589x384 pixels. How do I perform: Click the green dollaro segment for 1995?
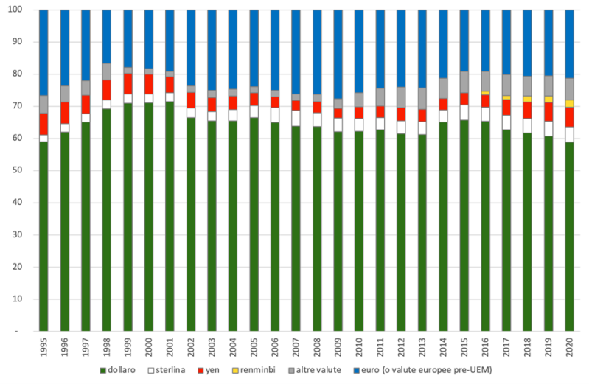pos(43,236)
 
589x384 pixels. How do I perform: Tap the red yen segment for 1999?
pos(128,83)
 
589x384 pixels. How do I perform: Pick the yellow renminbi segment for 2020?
pos(569,103)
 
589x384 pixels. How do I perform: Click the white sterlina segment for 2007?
pos(296,118)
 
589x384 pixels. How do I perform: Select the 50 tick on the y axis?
pos(24,170)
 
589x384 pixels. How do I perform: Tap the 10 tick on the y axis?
pos(24,299)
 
